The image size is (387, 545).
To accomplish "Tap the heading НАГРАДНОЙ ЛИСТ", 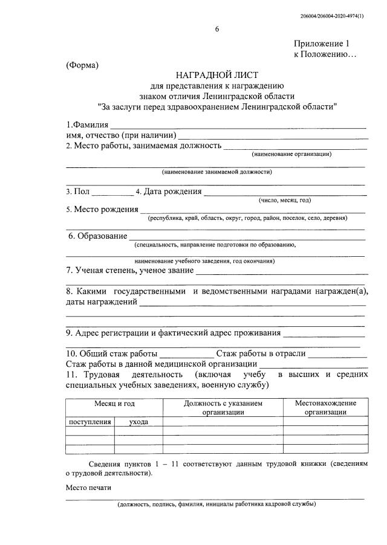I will coord(217,75).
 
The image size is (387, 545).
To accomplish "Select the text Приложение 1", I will coord(322,44).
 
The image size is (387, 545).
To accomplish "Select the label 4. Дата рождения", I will coord(168,192).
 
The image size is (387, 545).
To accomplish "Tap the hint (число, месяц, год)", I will coord(284,201).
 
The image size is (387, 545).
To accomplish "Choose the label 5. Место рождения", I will coord(102,209).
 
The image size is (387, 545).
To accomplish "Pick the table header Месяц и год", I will coord(114,403).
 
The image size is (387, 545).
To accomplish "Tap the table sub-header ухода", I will coord(138,422).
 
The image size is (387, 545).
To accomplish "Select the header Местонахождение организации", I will coord(325,407).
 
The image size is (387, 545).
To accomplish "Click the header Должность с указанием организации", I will coord(223,407).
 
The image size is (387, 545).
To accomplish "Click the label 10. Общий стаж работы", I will coord(111,353).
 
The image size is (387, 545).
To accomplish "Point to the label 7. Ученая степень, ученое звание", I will coord(129,270).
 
